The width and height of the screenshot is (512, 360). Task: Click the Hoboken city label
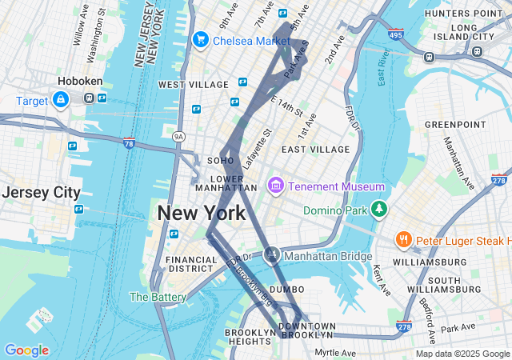point(78,81)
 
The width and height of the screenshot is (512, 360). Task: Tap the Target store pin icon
point(60,99)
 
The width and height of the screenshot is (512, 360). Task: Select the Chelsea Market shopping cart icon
point(200,39)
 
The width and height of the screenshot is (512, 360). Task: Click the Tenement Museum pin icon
point(276,186)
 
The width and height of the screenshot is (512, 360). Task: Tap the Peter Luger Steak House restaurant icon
point(404,240)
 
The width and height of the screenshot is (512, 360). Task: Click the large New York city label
point(202,213)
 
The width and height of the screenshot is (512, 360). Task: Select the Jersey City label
point(41,193)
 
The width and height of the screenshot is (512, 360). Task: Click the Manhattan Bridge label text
point(328,256)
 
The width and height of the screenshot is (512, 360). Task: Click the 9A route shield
point(178,137)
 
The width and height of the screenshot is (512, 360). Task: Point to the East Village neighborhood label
point(315,150)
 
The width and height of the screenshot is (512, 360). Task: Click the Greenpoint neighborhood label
point(454,125)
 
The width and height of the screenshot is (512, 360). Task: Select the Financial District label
point(191,265)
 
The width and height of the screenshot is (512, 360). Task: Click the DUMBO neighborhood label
point(287,289)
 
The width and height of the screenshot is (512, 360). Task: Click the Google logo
point(26,350)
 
